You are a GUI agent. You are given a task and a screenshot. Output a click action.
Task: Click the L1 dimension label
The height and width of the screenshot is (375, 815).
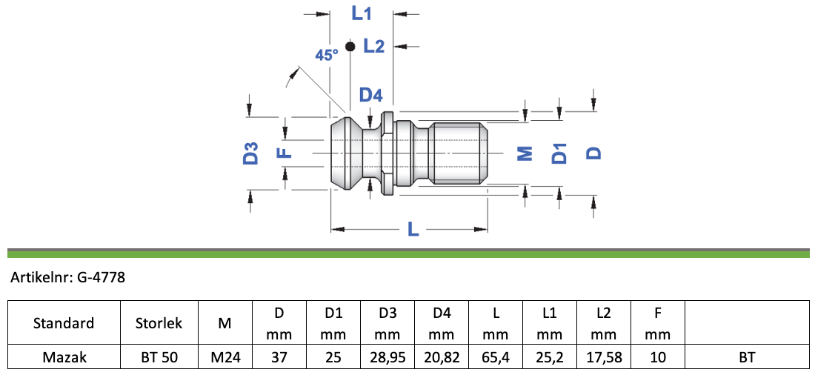coord(362,13)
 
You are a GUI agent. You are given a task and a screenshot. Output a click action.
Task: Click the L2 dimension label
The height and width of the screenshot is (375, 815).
coord(373,46)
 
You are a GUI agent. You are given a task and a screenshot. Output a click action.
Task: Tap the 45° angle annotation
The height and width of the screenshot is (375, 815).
coord(327,55)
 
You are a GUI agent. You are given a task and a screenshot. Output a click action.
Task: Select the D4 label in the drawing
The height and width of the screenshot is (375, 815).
coord(371,95)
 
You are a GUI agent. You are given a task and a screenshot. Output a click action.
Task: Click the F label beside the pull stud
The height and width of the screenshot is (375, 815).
coord(285,153)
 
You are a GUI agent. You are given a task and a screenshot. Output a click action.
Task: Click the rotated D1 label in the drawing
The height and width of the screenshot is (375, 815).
coord(559,153)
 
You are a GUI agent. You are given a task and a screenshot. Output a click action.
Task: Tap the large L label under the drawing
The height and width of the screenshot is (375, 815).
coord(413,229)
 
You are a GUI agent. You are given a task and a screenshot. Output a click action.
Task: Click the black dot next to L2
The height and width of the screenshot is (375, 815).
coord(350,46)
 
